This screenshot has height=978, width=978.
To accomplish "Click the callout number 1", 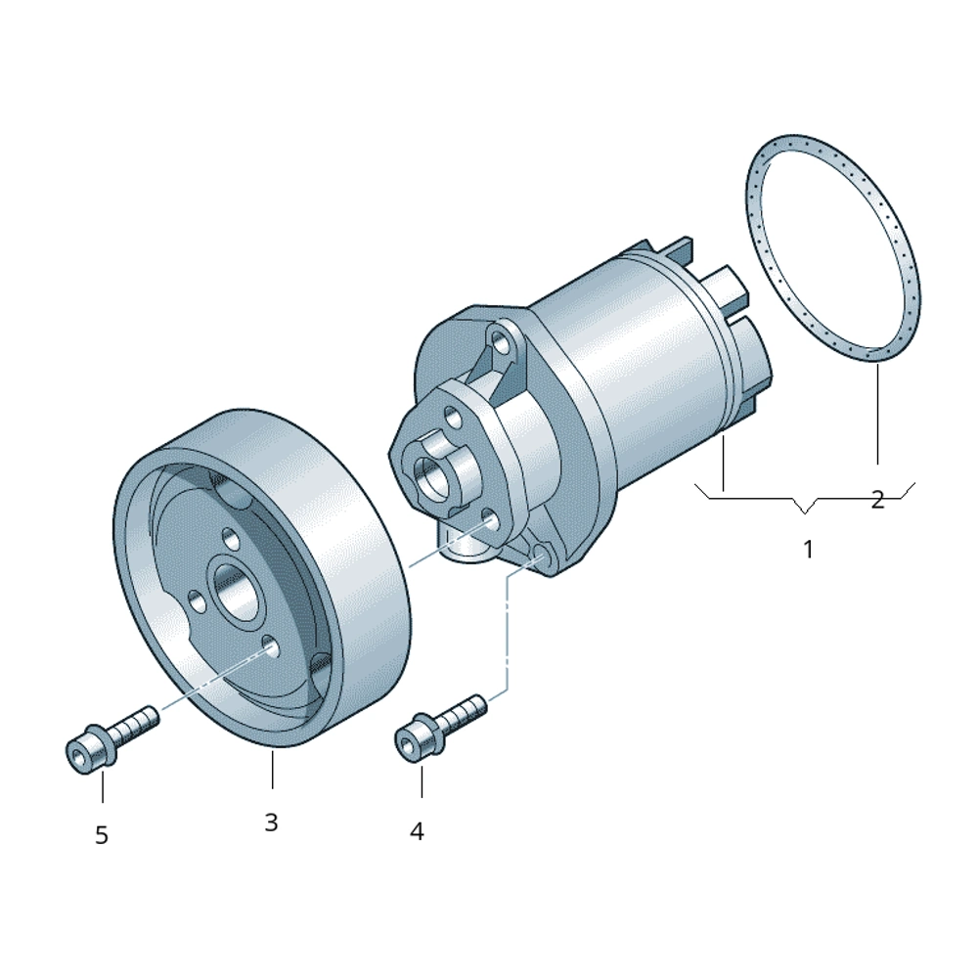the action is [808, 550].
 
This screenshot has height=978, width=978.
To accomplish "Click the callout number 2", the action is [877, 500].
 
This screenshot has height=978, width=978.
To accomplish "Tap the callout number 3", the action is [271, 822].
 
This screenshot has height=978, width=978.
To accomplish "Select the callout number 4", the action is [417, 830].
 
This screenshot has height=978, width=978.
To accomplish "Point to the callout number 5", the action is [102, 835].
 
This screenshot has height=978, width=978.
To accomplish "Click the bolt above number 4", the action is [441, 728].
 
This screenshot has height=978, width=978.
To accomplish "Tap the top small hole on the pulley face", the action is [231, 538].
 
